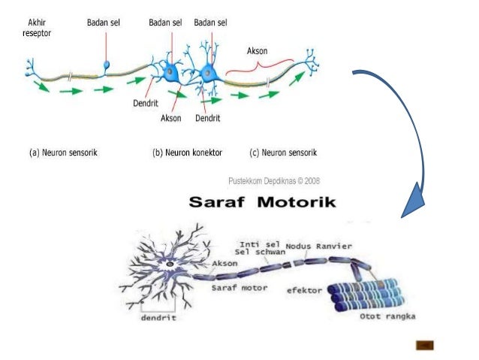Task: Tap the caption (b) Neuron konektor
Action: pos(187,153)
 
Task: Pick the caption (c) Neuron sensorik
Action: pos(283,153)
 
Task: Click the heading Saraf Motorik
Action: pos(262,202)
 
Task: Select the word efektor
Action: pos(304,289)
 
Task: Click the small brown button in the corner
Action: pos(425,345)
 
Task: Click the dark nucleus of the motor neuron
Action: pos(170,265)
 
